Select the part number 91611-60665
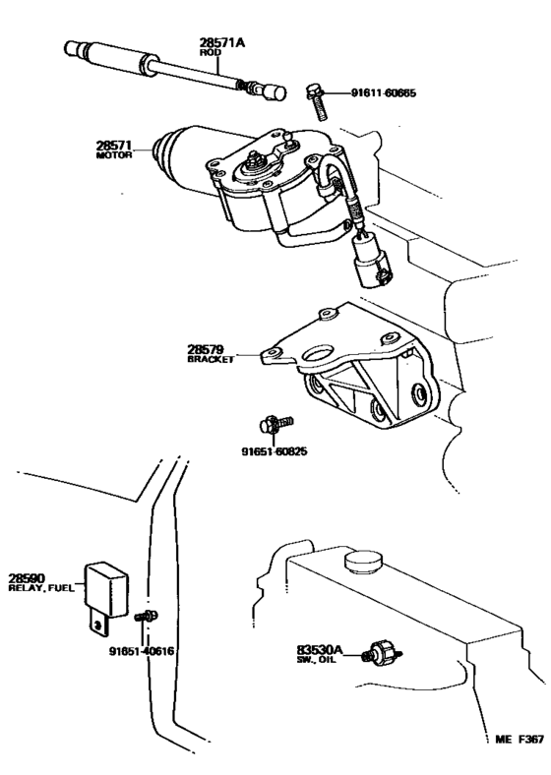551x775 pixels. tap(383, 93)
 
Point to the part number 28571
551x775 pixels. tap(113, 146)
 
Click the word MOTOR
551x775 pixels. tap(113, 156)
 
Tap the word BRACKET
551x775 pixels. tap(210, 360)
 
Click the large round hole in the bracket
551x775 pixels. tap(320, 349)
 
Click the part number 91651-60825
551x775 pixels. tap(275, 453)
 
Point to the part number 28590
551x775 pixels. tap(28, 578)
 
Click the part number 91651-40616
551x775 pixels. tap(144, 650)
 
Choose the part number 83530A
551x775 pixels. tap(319, 649)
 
